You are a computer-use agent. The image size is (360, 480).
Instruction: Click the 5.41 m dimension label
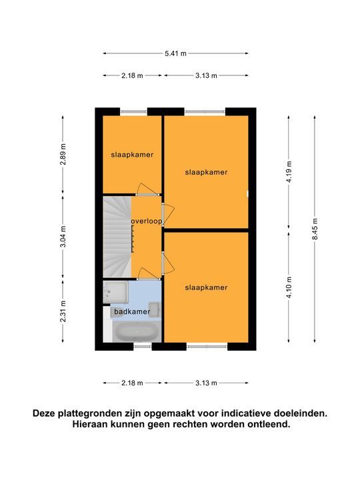(x=175, y=53)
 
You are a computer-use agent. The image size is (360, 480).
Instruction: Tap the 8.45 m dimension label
(x=315, y=229)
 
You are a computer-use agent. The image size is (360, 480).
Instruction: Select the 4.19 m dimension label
(x=289, y=171)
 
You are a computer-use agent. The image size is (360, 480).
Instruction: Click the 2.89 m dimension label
(x=63, y=154)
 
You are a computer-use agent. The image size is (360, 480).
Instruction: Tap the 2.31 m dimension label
(x=63, y=311)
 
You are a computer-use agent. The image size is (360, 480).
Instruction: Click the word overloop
(x=147, y=221)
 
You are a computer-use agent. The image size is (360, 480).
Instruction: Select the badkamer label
(x=132, y=311)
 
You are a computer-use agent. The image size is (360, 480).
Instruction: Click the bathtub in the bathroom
(x=136, y=332)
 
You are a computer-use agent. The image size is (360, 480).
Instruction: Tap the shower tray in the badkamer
(x=115, y=293)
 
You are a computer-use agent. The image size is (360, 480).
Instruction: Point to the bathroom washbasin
(x=154, y=309)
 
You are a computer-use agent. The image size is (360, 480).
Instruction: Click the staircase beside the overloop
(x=117, y=237)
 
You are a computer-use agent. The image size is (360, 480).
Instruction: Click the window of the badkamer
(x=143, y=346)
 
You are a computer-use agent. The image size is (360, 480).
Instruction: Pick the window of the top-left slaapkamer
(x=134, y=111)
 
